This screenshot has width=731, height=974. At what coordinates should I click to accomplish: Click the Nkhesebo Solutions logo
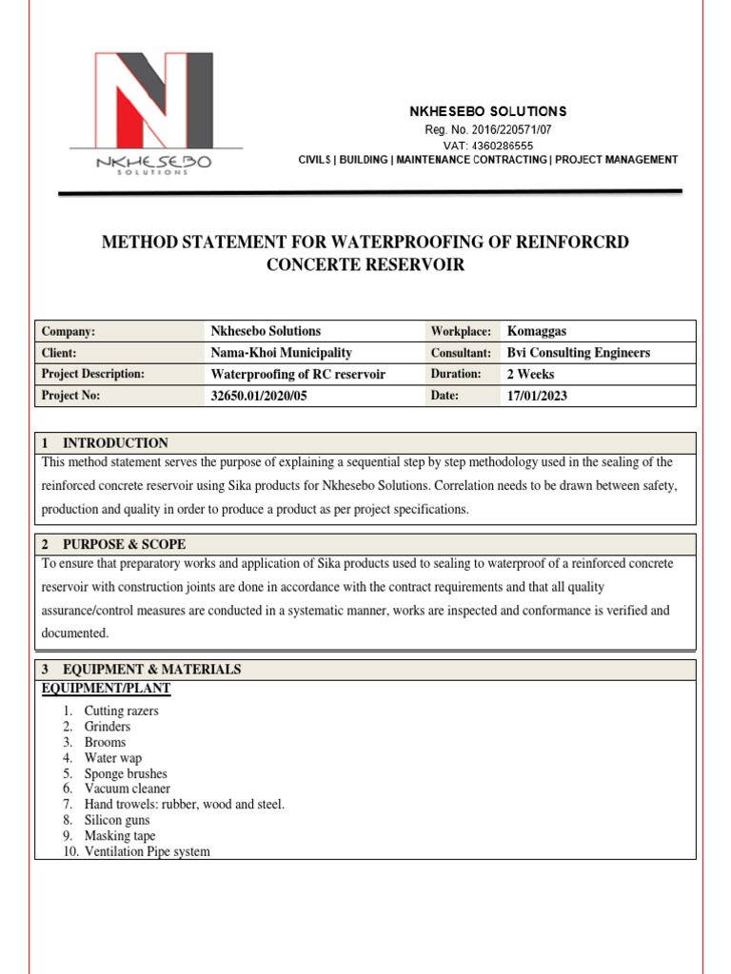tap(155, 112)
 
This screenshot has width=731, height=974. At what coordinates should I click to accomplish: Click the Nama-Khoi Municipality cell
tap(281, 353)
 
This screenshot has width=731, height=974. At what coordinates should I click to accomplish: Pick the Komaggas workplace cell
tap(537, 331)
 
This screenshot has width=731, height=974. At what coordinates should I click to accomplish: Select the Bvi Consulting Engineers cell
tap(579, 353)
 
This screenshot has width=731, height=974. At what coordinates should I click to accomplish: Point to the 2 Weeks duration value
tap(530, 374)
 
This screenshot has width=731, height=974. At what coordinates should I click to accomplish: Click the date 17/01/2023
tap(537, 396)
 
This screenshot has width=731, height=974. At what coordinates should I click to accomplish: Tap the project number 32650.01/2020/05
tap(259, 396)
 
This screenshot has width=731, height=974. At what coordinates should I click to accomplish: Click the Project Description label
tap(92, 374)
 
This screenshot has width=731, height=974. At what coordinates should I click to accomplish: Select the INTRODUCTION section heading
tap(115, 443)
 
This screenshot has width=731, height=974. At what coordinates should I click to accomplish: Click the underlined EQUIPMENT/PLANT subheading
tap(107, 688)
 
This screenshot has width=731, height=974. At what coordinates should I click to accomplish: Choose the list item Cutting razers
tap(121, 711)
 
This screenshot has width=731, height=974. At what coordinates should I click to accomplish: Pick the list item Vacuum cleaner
tap(127, 789)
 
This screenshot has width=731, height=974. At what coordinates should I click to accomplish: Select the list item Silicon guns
tap(117, 820)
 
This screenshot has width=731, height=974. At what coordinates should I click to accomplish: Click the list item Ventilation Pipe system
tap(147, 851)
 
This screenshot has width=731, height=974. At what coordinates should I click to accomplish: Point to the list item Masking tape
tap(119, 836)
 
